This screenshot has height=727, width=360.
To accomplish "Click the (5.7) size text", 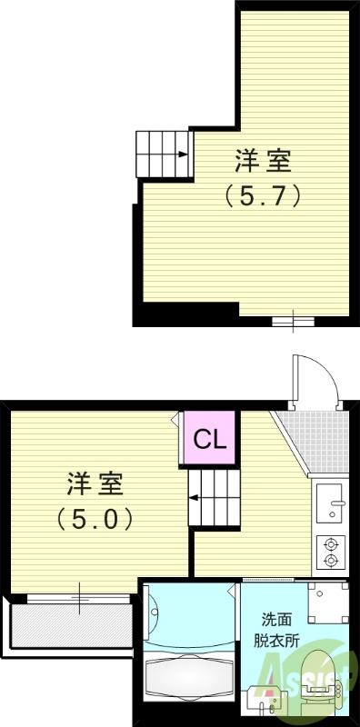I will pos(263,194).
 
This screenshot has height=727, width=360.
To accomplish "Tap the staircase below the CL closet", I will pos(214,496).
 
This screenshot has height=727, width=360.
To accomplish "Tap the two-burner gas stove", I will pos(329,553).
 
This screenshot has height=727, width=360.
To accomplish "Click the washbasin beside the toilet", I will pos(271,704).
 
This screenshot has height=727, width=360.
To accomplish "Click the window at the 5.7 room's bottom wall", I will pos(294,320).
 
